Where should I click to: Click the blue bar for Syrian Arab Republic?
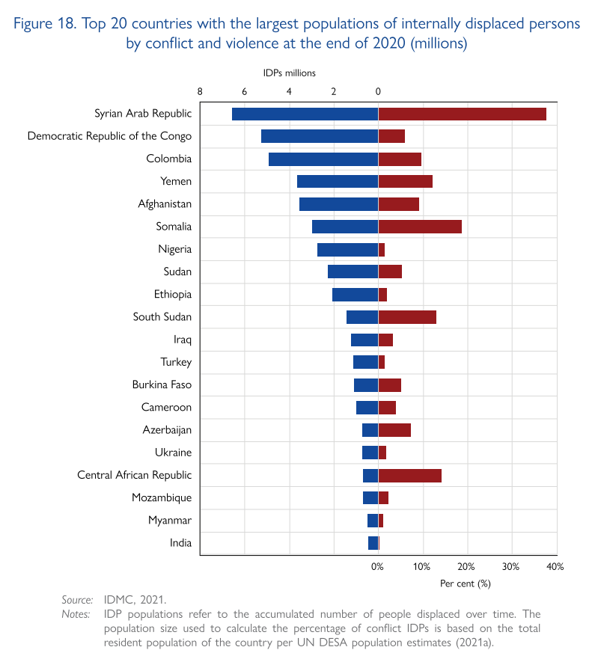[x=305, y=114]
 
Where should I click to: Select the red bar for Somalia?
[x=420, y=227]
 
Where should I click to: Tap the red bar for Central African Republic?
[x=409, y=475]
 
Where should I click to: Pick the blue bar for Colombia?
[x=323, y=159]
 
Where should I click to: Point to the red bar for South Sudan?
[x=407, y=317]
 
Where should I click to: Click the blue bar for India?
[x=373, y=543]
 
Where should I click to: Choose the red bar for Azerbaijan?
[x=394, y=430]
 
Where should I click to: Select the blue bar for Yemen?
[x=338, y=182]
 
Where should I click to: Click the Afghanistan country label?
[x=165, y=204]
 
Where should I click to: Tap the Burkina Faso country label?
[x=162, y=385]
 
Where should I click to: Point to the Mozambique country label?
[x=162, y=498]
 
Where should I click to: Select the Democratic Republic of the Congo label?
[x=109, y=136]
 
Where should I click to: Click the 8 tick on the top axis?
[x=200, y=92]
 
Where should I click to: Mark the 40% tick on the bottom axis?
[x=555, y=568]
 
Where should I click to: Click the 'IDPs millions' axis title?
[x=289, y=73]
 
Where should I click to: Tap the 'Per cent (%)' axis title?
[x=465, y=583]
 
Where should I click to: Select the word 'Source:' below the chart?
[x=77, y=600]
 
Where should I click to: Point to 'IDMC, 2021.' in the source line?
[x=135, y=600]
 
